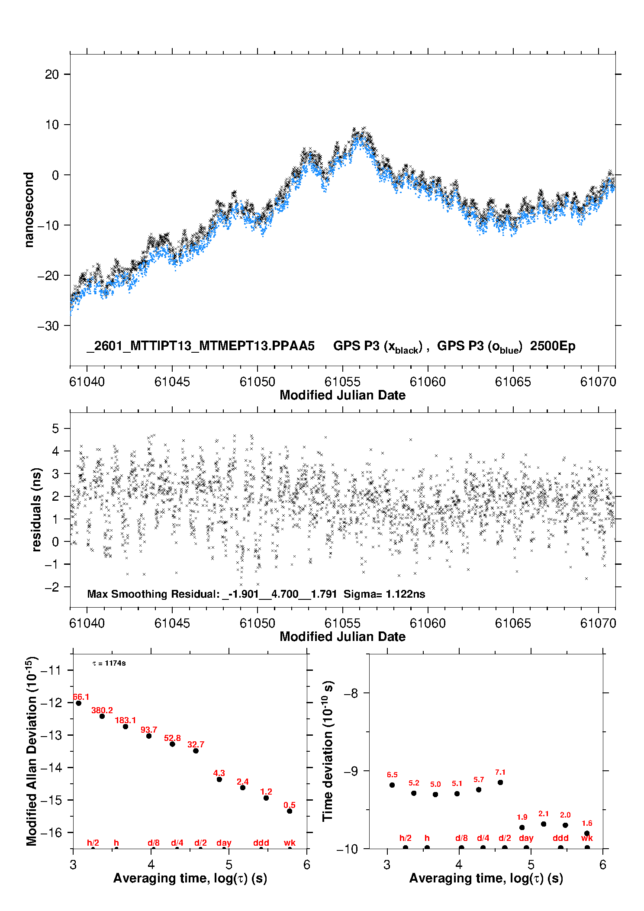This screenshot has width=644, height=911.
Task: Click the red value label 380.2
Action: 102,710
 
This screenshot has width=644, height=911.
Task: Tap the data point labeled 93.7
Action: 149,736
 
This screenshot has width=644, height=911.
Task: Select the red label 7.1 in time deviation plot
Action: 500,772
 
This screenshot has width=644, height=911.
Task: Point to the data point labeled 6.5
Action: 392,785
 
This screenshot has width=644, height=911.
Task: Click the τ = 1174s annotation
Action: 109,663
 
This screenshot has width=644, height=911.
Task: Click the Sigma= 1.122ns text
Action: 384,594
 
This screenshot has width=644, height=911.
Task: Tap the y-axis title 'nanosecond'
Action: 29,210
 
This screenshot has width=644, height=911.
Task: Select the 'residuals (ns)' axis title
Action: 37,509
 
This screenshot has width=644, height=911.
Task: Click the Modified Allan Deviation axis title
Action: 32,751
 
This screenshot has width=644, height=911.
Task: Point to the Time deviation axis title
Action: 328,751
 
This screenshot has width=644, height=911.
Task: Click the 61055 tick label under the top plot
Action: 342,382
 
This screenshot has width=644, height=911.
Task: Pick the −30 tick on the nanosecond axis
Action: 48,326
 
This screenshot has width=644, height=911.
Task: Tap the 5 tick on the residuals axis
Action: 55,428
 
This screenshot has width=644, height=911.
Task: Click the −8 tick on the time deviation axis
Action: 351,693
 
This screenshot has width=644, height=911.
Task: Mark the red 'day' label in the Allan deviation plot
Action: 224,843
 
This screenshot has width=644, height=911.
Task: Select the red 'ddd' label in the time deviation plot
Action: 560,838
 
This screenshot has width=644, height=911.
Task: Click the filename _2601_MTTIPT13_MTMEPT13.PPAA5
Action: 201,346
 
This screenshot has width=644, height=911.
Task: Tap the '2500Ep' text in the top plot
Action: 553,346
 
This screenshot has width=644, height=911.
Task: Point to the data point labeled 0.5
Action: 290,811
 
